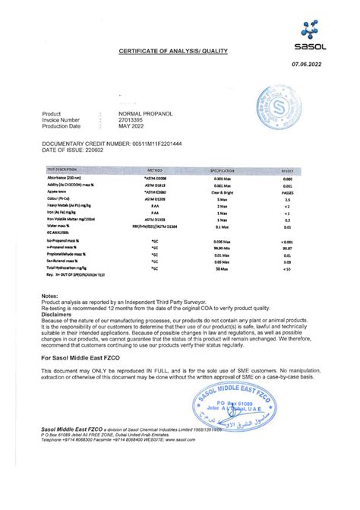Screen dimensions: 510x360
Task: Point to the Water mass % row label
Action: pyautogui.click(x=58, y=226)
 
